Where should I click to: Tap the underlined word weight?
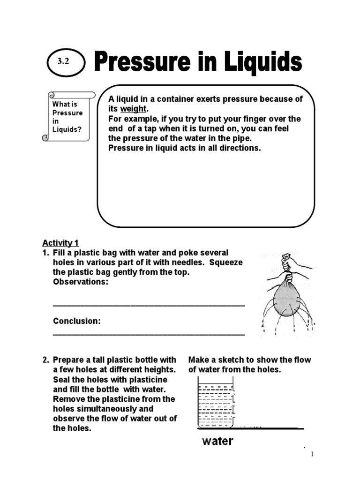(x=134, y=109)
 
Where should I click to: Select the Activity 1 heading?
(x=60, y=243)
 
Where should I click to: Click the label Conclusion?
(x=77, y=321)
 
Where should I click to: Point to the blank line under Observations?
(x=149, y=304)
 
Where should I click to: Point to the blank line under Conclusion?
(x=149, y=334)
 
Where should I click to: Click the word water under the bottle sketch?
(x=217, y=441)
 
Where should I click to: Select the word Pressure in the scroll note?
(x=67, y=112)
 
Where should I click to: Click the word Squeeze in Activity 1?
(x=226, y=262)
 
